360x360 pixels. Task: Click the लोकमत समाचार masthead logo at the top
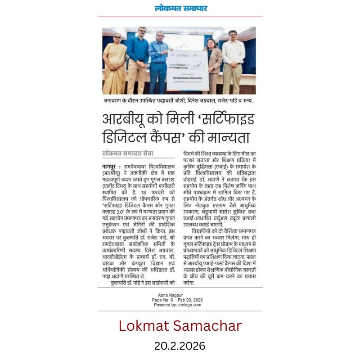(x=180, y=8)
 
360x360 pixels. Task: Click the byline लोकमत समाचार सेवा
(x=128, y=153)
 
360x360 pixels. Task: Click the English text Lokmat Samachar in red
(x=180, y=325)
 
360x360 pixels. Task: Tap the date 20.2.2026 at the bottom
(x=180, y=346)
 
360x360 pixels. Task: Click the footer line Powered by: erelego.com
(x=180, y=305)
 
